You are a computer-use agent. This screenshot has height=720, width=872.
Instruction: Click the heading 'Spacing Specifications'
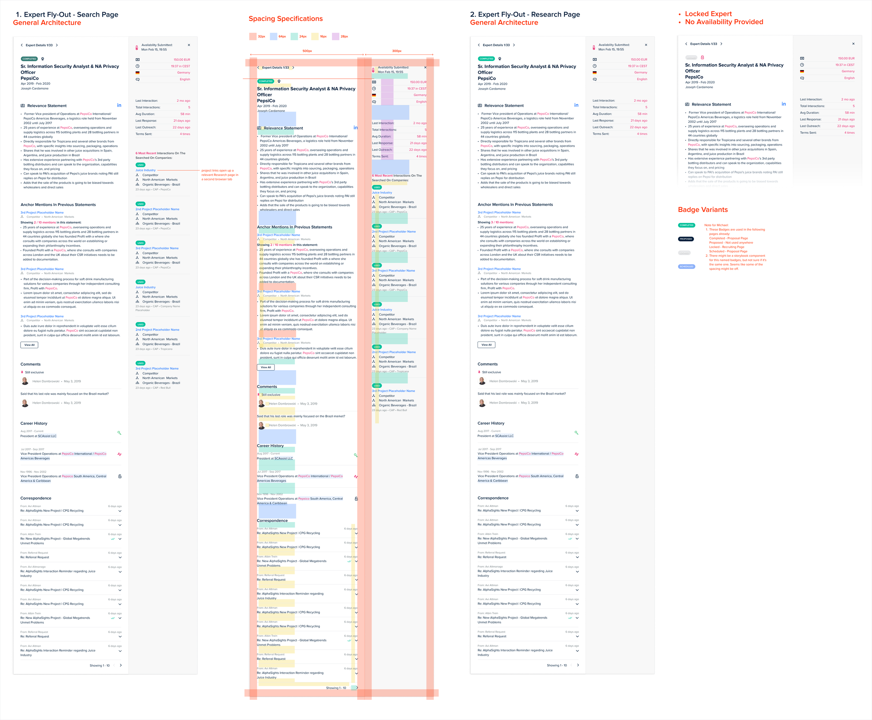[x=286, y=19]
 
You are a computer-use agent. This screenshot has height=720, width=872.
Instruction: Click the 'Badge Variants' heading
[x=703, y=210]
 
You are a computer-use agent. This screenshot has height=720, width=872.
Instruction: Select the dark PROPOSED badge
[x=686, y=239]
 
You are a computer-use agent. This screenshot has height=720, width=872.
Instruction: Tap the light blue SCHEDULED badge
[x=686, y=267]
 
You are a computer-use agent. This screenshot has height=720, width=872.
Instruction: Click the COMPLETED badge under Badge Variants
[x=686, y=225]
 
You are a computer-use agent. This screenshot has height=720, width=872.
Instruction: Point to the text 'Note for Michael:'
[x=716, y=225]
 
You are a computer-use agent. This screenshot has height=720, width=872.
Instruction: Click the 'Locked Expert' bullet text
[x=708, y=14]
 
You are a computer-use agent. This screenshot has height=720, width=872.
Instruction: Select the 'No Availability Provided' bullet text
[x=724, y=22]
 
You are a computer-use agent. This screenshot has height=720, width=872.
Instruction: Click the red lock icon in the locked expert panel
[x=702, y=57]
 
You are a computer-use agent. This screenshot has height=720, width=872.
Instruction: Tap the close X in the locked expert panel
[x=853, y=44]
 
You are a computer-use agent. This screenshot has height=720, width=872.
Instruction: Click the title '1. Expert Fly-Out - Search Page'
[x=67, y=15]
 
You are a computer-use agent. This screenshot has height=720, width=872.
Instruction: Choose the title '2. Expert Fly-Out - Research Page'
[x=525, y=15]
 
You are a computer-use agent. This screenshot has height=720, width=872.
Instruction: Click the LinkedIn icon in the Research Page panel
[x=576, y=105]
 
